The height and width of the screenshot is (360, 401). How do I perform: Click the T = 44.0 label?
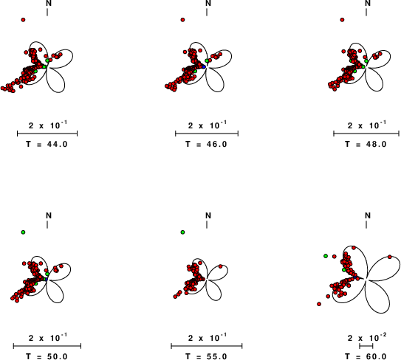coord(47,145)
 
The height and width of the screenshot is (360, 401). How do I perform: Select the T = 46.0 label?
coord(206,145)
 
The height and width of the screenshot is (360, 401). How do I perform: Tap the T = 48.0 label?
coord(366,145)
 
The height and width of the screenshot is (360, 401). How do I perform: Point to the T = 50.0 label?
coord(47,356)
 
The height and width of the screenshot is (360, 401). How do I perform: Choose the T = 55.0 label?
coord(206,356)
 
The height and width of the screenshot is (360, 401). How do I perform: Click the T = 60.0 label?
coord(366,356)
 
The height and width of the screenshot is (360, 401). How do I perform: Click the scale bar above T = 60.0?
coord(366,346)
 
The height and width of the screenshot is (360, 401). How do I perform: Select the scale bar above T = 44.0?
coord(47,134)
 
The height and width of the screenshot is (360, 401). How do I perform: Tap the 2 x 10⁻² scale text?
coord(367,337)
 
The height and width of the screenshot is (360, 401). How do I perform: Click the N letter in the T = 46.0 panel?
coord(208,4)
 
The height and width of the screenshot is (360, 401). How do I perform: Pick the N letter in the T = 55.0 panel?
coord(208,216)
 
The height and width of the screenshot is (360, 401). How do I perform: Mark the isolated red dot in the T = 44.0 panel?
coord(24,20)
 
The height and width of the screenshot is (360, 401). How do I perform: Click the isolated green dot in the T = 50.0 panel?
coord(24,232)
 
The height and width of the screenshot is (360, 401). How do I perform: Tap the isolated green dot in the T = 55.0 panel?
coord(182,232)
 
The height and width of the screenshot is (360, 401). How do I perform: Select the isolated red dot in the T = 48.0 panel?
coord(342,20)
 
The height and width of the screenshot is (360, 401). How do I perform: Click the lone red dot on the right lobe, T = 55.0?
coord(221,266)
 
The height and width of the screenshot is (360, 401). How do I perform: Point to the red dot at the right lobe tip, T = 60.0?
coord(389,257)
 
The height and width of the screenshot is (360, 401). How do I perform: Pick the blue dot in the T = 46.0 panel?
coord(204,66)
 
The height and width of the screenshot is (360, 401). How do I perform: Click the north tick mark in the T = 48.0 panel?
coord(366,12)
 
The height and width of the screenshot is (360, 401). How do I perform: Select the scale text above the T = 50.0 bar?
coord(48,338)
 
